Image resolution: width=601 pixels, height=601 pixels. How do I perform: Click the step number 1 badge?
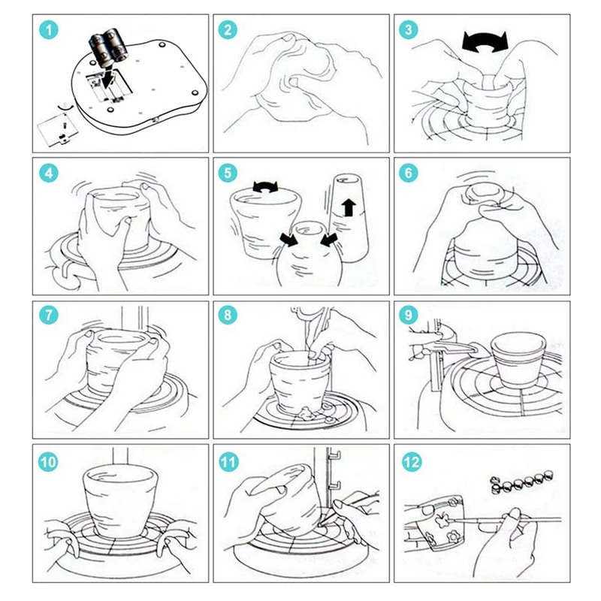pyautogui.click(x=49, y=30)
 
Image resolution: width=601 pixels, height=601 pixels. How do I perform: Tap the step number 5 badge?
pyautogui.click(x=228, y=173)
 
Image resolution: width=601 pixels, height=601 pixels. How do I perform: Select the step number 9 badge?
pyautogui.click(x=408, y=315)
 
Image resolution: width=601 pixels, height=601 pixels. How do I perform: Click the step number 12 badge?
pyautogui.click(x=412, y=462)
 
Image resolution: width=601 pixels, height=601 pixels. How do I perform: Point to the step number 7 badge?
pyautogui.click(x=49, y=315)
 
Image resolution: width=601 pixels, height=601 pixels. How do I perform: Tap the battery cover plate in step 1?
pyautogui.click(x=58, y=130)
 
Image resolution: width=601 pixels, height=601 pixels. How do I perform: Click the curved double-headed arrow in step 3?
pyautogui.click(x=485, y=42)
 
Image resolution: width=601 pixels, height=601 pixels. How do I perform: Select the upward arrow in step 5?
pyautogui.click(x=349, y=207)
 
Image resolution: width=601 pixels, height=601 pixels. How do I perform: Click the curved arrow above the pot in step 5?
pyautogui.click(x=265, y=186)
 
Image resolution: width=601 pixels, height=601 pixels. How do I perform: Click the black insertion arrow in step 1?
pyautogui.click(x=108, y=77)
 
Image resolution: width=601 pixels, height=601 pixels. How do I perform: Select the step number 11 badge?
pyautogui.click(x=229, y=462)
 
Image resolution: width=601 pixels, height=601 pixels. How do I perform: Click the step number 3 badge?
pyautogui.click(x=408, y=30)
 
